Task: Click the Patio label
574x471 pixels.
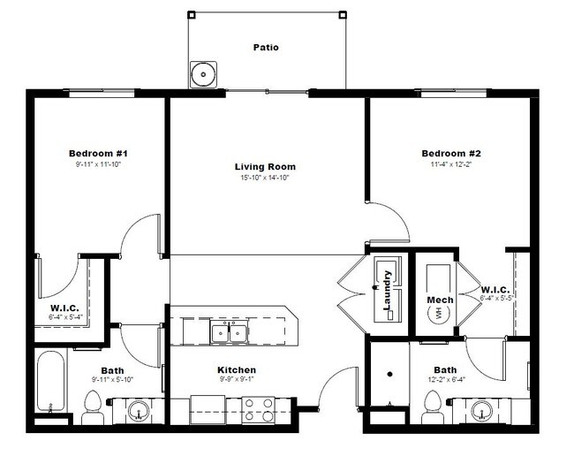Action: (x=266, y=47)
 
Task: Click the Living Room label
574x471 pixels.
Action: (x=265, y=166)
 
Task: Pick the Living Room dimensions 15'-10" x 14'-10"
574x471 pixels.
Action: (x=265, y=178)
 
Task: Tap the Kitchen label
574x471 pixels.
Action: (x=237, y=369)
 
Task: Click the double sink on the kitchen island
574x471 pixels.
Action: (x=229, y=333)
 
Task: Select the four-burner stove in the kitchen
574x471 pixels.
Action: (x=258, y=409)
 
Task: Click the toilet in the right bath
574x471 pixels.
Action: (x=432, y=406)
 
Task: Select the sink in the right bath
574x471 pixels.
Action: (x=481, y=410)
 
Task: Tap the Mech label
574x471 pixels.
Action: (x=440, y=300)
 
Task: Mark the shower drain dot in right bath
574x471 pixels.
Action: (x=388, y=374)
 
